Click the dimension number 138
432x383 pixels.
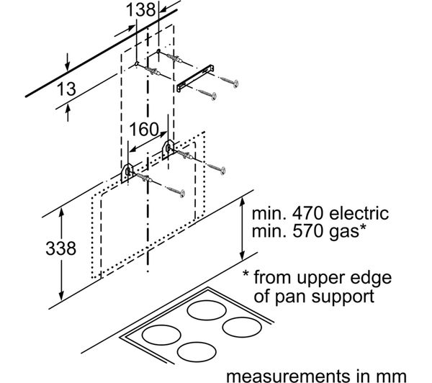coord(141,10)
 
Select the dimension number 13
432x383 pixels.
coord(66,89)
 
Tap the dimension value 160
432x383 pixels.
coord(144,130)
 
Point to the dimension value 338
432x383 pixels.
coord(60,248)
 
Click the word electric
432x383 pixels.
coord(359,213)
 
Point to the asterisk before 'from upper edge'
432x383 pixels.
coord(246,274)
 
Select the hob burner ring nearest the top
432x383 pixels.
coord(207,310)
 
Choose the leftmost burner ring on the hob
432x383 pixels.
coord(161,335)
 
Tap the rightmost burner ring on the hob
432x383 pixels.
coord(242,328)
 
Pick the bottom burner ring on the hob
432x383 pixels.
coord(197,352)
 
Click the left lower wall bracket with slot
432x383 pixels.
coord(127,172)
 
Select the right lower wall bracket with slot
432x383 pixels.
coord(168,149)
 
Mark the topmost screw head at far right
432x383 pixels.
coord(235,84)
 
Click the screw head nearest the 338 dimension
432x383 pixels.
coord(181,194)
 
